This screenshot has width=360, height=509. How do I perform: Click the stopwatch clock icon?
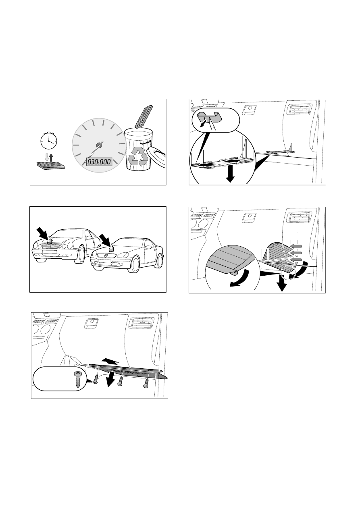49,141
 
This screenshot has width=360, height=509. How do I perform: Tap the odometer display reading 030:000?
99,162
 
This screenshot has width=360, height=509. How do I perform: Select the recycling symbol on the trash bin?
138,156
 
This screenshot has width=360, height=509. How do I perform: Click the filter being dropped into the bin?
144,116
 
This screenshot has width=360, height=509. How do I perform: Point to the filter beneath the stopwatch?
51,165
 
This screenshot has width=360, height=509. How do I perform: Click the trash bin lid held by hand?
156,157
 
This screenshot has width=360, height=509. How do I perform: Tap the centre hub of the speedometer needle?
99,145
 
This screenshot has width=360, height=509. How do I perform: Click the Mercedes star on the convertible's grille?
106,257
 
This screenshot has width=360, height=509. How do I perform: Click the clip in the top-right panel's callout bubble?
210,116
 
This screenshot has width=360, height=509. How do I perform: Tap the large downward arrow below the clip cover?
230,174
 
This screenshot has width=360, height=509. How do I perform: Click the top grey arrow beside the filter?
296,246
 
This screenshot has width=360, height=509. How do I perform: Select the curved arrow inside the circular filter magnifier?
240,278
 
